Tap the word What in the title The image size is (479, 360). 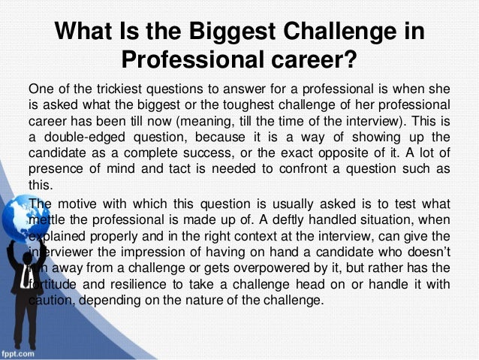point(89,32)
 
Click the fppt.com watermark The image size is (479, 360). point(22,351)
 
